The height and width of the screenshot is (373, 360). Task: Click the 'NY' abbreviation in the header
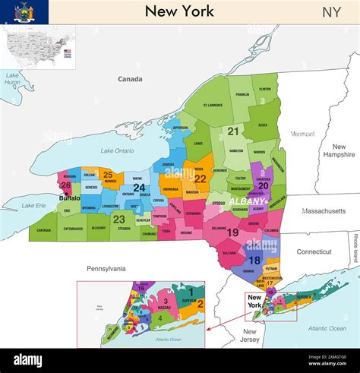pos(331,11)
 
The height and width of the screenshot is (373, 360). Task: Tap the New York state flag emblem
pos(24,11)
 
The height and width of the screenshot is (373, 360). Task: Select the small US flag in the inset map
pos(68,52)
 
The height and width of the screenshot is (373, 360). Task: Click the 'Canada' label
pos(130,79)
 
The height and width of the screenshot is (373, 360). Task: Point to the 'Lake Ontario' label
pos(117,150)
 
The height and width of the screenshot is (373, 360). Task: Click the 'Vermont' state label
pos(302,134)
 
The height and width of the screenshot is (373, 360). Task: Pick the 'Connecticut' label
pos(314,251)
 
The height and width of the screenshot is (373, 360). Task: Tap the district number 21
pos(233,131)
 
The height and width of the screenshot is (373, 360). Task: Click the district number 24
pos(139,188)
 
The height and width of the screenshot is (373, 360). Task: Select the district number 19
pos(232,232)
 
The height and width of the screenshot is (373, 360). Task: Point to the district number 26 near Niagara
pos(66,185)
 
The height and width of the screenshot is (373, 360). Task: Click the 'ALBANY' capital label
pos(245,201)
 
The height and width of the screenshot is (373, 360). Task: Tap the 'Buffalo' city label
pos(69,198)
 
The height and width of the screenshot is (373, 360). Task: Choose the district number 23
pos(118,219)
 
